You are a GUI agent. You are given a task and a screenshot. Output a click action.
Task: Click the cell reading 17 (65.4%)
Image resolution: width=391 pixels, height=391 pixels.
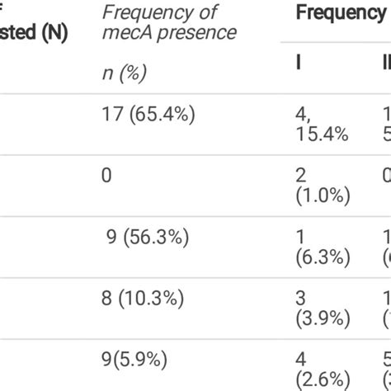148,115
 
